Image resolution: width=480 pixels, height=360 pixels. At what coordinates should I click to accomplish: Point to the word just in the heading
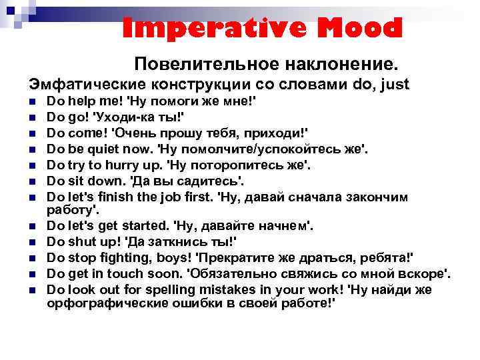(x=395, y=85)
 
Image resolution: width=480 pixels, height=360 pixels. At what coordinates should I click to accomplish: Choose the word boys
(x=177, y=258)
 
